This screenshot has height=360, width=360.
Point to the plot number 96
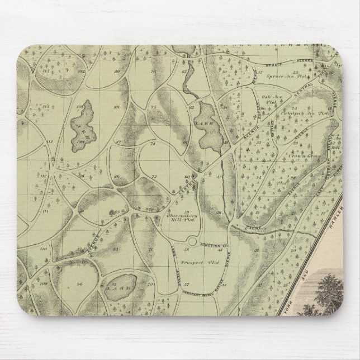pos(80,284)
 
